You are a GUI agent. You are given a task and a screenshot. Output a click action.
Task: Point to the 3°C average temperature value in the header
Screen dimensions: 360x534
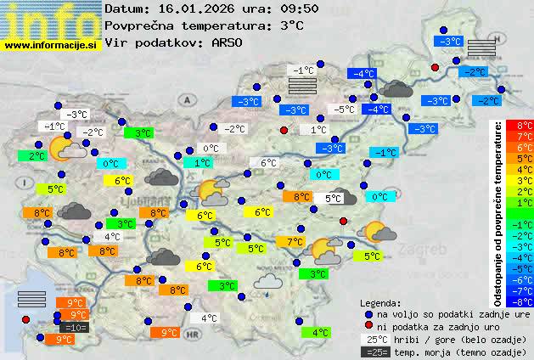[x=290, y=25]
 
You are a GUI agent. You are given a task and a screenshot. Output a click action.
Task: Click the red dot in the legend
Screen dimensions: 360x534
[x=368, y=325]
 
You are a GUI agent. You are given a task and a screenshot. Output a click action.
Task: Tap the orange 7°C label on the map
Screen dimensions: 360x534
[x=295, y=242]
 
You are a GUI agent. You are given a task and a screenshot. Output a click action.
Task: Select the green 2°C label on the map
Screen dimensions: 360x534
[x=37, y=156]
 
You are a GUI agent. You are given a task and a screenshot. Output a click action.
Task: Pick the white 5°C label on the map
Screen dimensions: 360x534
[x=334, y=199]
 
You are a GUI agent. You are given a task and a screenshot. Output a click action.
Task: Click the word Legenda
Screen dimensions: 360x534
[x=380, y=302]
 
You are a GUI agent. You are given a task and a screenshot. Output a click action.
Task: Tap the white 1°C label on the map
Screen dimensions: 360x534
[x=318, y=129]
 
